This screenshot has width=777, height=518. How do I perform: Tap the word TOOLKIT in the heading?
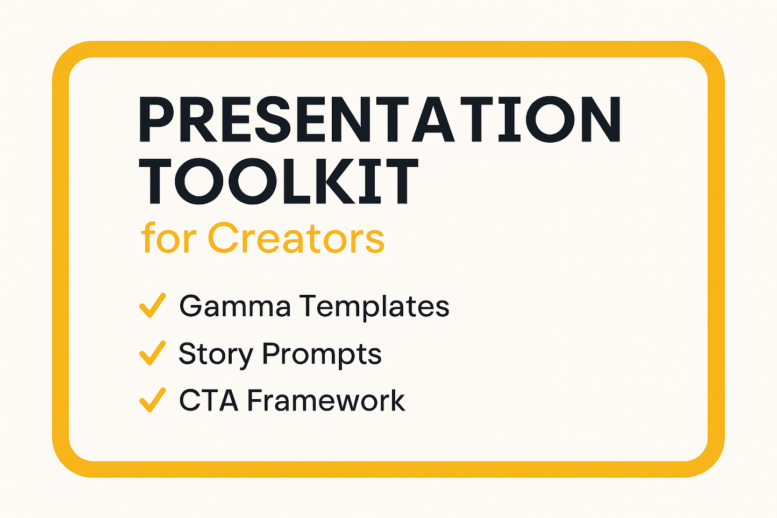[x=279, y=182]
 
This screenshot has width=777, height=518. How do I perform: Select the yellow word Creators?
[x=296, y=238]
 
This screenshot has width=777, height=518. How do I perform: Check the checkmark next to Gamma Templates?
[x=152, y=306]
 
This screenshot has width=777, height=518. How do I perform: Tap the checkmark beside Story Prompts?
[x=152, y=353]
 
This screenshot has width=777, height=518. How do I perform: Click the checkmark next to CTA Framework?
[x=152, y=400]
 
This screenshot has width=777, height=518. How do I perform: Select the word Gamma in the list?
[x=235, y=306]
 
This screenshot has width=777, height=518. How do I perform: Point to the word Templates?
[x=374, y=306]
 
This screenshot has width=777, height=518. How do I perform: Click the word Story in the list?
[x=216, y=354]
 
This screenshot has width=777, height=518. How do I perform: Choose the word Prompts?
[x=322, y=354]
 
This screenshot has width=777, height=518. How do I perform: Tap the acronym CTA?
[x=209, y=401]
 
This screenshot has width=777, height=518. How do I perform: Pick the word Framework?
[x=326, y=401]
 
